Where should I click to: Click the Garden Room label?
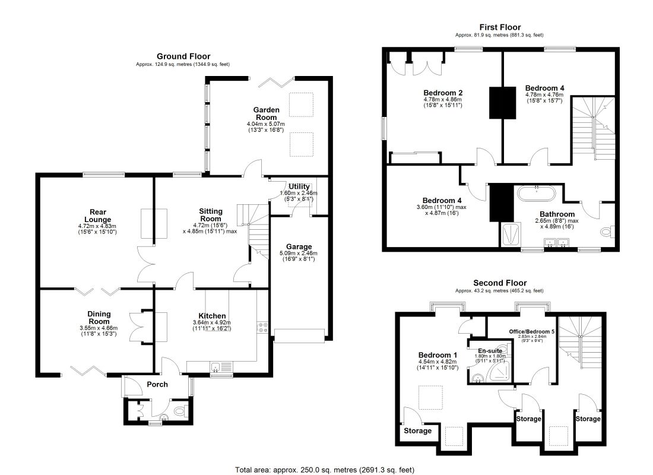pyautogui.click(x=266, y=114)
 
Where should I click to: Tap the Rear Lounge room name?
pyautogui.click(x=98, y=216)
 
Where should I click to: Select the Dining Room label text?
pyautogui.click(x=99, y=318)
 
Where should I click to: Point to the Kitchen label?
pyautogui.click(x=212, y=316)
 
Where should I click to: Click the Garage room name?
pyautogui.click(x=299, y=246)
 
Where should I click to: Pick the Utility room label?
pyautogui.click(x=299, y=186)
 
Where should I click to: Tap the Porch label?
pyautogui.click(x=157, y=384)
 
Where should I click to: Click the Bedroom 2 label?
pyautogui.click(x=443, y=93)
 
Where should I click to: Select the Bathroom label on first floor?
pyautogui.click(x=557, y=214)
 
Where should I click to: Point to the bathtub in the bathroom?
pyautogui.click(x=537, y=193)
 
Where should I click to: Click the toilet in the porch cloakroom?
pyautogui.click(x=179, y=411)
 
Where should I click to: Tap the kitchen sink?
pyautogui.click(x=221, y=367)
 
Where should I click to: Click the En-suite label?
pyautogui.click(x=490, y=351)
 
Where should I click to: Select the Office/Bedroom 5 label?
pyautogui.click(x=532, y=332)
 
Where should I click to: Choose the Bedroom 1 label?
pyautogui.click(x=438, y=355)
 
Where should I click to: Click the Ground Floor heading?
pyautogui.click(x=183, y=56)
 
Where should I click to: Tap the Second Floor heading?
pyautogui.click(x=500, y=283)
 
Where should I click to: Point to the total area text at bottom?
pyautogui.click(x=325, y=470)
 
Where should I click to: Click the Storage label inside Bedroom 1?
pyautogui.click(x=418, y=431)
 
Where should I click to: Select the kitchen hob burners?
pyautogui.click(x=263, y=327)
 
